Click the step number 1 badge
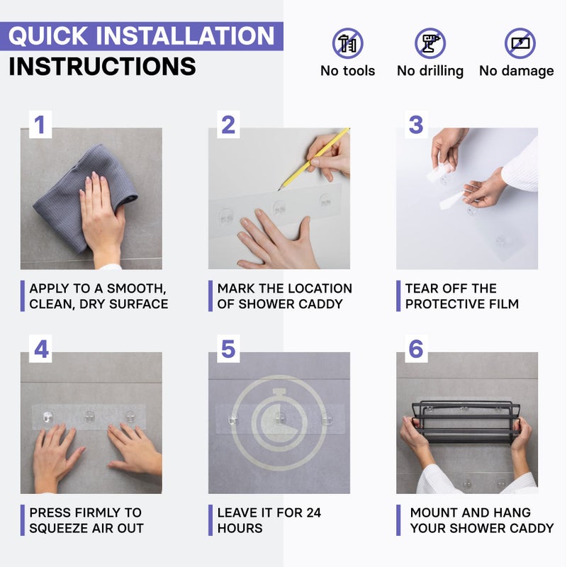click(40, 125)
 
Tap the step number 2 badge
click(228, 125)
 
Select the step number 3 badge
click(416, 125)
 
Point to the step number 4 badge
click(40, 349)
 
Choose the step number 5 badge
click(228, 349)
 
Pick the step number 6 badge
click(416, 349)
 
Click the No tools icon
click(347, 43)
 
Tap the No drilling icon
click(430, 43)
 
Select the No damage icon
click(520, 43)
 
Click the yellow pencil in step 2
click(314, 159)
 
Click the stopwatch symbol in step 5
click(279, 422)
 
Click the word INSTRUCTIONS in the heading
click(102, 67)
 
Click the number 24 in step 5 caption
click(313, 512)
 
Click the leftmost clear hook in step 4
click(47, 417)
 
